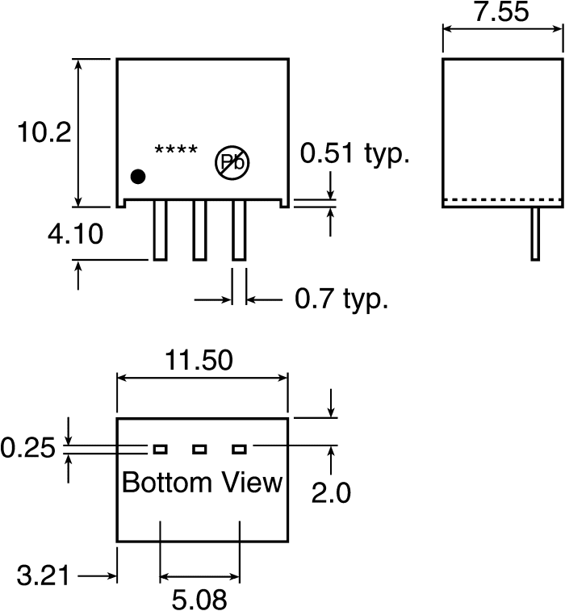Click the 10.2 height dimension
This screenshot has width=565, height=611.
tap(44, 132)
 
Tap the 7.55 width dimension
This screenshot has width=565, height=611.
tap(501, 11)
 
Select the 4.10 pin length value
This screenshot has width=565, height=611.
tap(75, 234)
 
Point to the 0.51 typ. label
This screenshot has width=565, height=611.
tap(354, 153)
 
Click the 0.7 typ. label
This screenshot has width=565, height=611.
tap(341, 299)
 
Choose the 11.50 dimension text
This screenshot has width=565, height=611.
tap(199, 360)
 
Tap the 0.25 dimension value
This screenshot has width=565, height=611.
tap(27, 448)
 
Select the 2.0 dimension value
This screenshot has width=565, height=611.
tap(331, 493)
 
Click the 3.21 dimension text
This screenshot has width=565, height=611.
tap(43, 575)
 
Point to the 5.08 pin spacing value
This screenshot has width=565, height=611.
tap(199, 600)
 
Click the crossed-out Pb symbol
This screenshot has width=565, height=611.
tap(232, 162)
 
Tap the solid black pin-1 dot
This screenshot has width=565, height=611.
tap(138, 177)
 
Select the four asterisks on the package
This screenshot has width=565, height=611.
tap(176, 149)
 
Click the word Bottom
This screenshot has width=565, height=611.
tap(167, 483)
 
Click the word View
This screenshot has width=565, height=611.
tap(252, 483)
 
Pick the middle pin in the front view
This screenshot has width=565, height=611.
tap(199, 230)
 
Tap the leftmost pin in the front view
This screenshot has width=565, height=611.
tap(160, 230)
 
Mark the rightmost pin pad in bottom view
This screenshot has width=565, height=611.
tap(239, 450)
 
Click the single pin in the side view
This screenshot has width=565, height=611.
tap(535, 233)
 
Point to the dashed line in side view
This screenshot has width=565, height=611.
tap(503, 200)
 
